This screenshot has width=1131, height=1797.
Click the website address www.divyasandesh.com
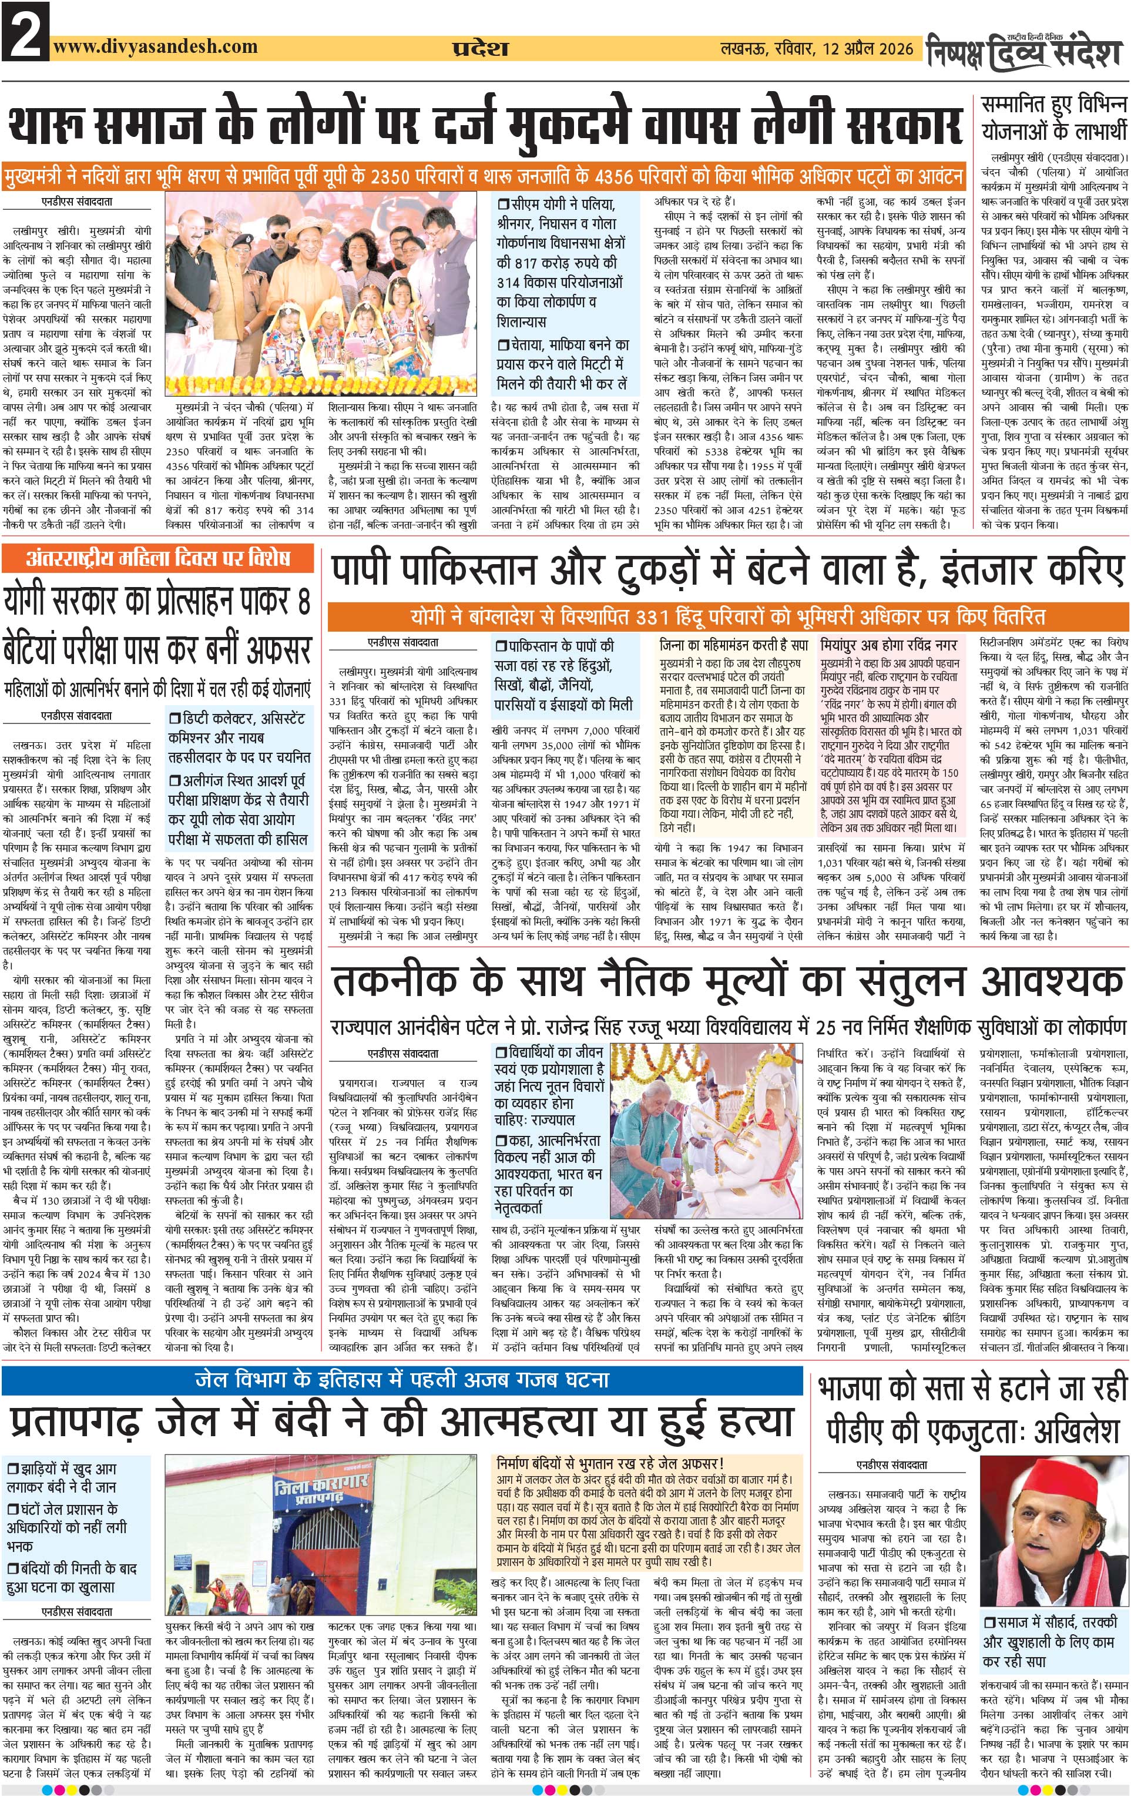157,46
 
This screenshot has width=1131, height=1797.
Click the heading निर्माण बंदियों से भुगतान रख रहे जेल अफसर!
610,1463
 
